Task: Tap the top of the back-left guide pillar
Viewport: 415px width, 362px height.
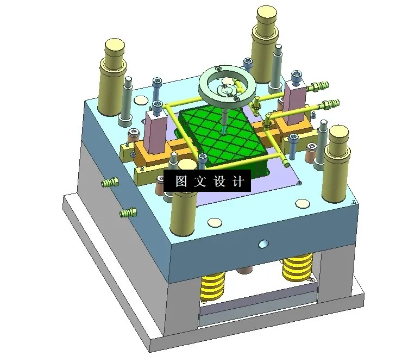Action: click(115, 46)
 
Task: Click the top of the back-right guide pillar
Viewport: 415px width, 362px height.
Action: click(267, 13)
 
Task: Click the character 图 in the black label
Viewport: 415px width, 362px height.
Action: click(181, 182)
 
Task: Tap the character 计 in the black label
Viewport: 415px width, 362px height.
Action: click(237, 182)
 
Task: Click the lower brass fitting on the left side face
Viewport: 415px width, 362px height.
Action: click(127, 213)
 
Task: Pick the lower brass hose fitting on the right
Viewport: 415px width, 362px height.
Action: click(330, 103)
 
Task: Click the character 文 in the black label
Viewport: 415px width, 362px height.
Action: click(199, 182)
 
